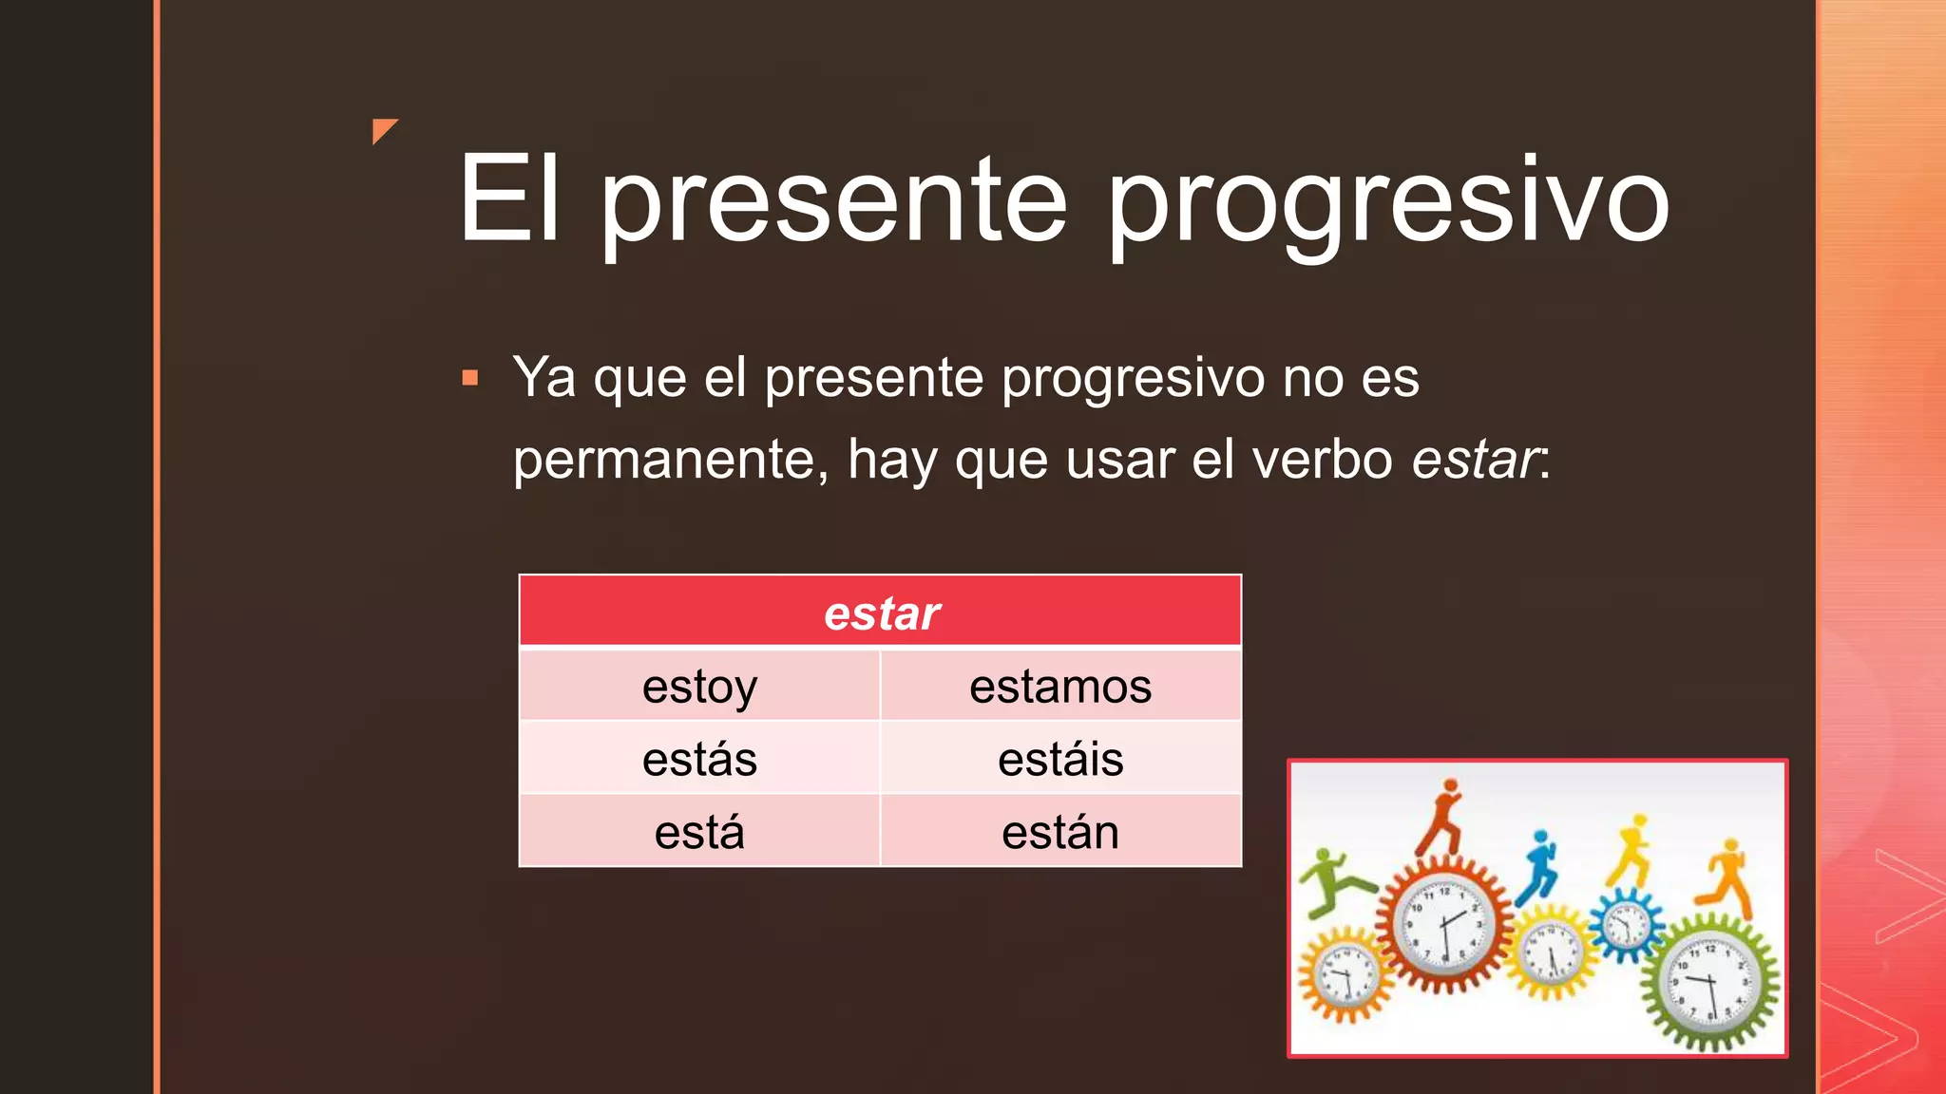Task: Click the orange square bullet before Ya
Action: [469, 378]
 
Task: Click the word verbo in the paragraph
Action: [1323, 460]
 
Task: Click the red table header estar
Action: [881, 613]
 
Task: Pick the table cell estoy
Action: [699, 686]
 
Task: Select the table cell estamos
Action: [1060, 686]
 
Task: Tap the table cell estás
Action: [699, 759]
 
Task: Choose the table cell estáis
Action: [1060, 759]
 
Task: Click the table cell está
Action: [699, 832]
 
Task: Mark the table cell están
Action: [1060, 832]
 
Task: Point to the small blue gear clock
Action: [1627, 922]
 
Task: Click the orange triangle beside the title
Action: [383, 130]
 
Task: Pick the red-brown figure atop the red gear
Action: [1442, 817]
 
